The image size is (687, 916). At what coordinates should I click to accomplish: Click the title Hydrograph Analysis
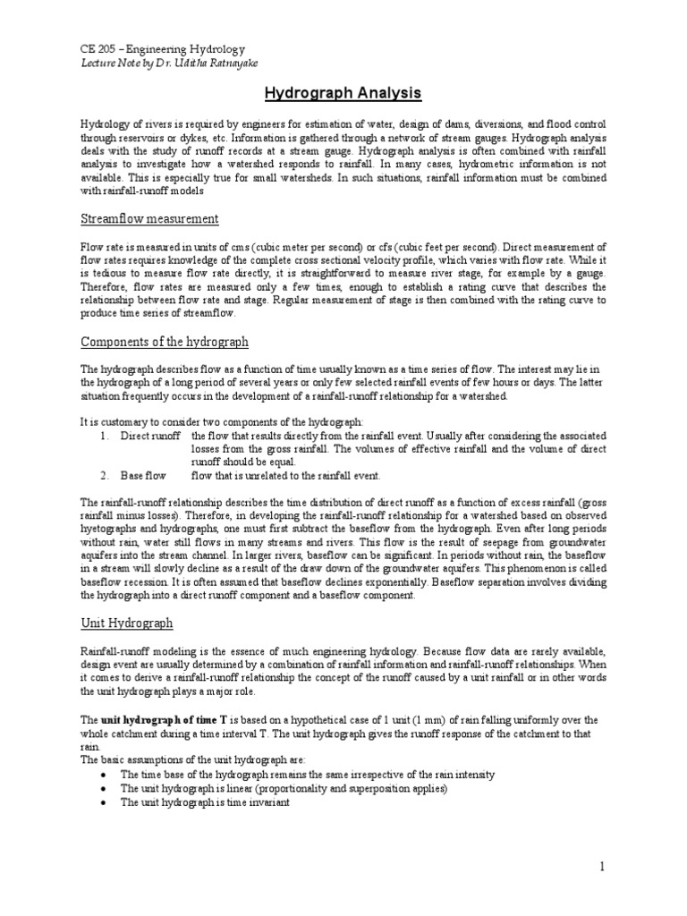pos(343,92)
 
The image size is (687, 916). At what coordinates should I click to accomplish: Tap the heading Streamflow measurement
pos(149,219)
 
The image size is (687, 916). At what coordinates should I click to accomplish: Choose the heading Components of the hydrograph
pos(165,342)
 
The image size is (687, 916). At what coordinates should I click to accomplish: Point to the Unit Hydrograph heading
pos(126,623)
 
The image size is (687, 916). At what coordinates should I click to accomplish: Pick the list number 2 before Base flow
pos(105,475)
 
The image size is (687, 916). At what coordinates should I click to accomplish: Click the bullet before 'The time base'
pos(106,774)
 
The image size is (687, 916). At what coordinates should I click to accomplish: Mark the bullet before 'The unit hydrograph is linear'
pos(106,788)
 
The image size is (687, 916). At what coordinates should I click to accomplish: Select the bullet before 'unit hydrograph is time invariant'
pos(106,802)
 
